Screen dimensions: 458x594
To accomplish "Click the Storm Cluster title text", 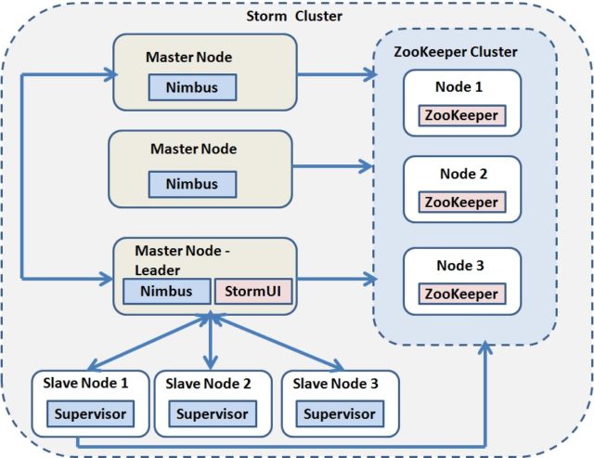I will (294, 17).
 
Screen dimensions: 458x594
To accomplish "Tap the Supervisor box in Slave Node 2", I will (213, 413).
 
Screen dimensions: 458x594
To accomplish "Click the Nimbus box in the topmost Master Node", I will (192, 87).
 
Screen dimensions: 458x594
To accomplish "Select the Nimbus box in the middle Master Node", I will (192, 183).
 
